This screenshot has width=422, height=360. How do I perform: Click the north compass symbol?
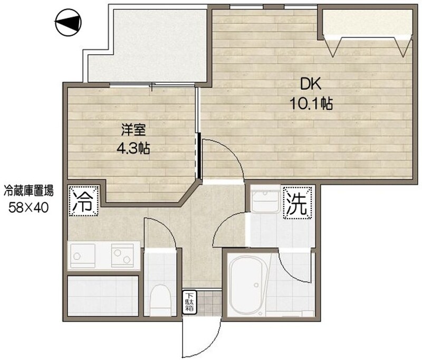[68, 22]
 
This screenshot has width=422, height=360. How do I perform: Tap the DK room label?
[311, 85]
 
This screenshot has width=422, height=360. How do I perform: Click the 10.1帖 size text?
[311, 103]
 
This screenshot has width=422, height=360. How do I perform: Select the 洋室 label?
[133, 130]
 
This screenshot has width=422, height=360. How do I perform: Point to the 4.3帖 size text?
[133, 148]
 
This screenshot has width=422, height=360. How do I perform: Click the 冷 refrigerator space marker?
[83, 201]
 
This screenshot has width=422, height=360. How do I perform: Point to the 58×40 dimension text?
[28, 207]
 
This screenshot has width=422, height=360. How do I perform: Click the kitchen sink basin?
[82, 256]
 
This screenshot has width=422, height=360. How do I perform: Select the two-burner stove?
[123, 255]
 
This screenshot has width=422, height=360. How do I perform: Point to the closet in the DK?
[367, 23]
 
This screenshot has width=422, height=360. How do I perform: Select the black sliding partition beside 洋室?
[199, 156]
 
